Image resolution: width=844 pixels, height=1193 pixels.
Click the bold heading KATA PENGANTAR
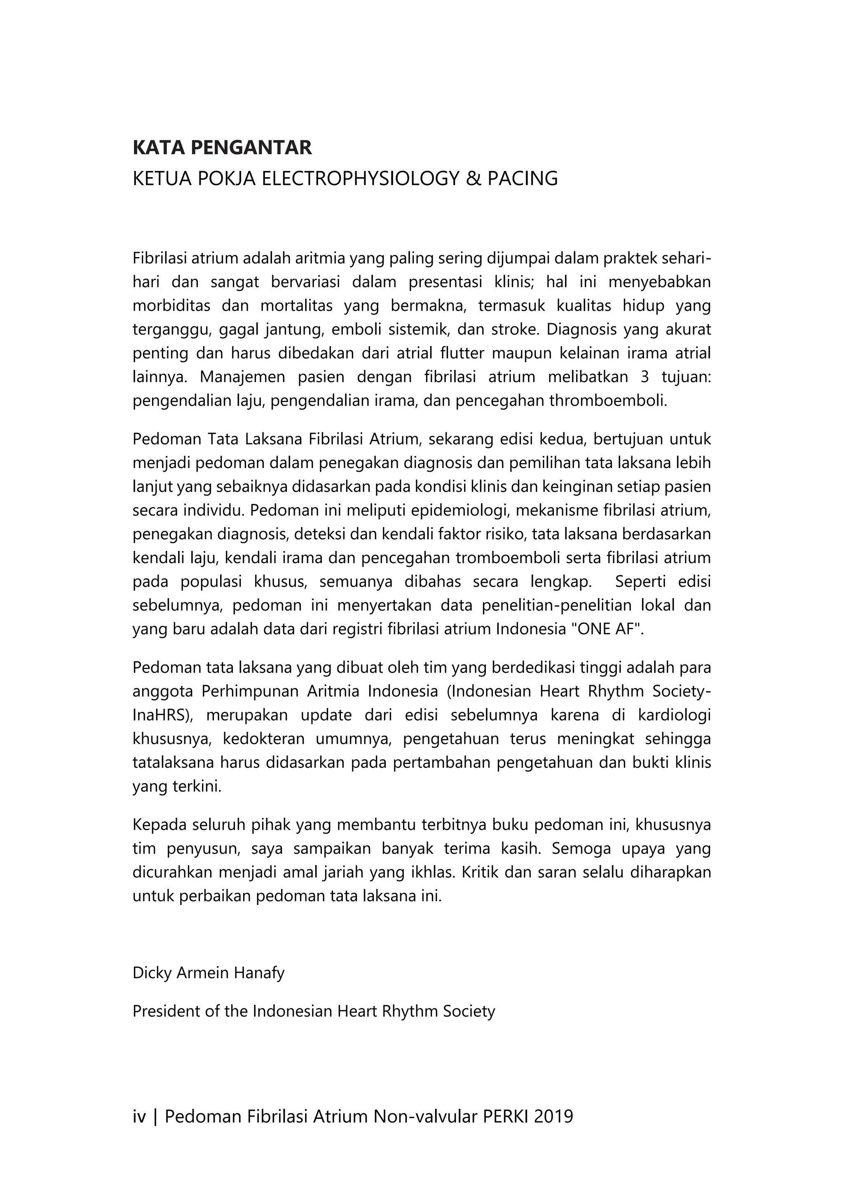[223, 148]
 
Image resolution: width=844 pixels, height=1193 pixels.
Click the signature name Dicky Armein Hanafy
[209, 973]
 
